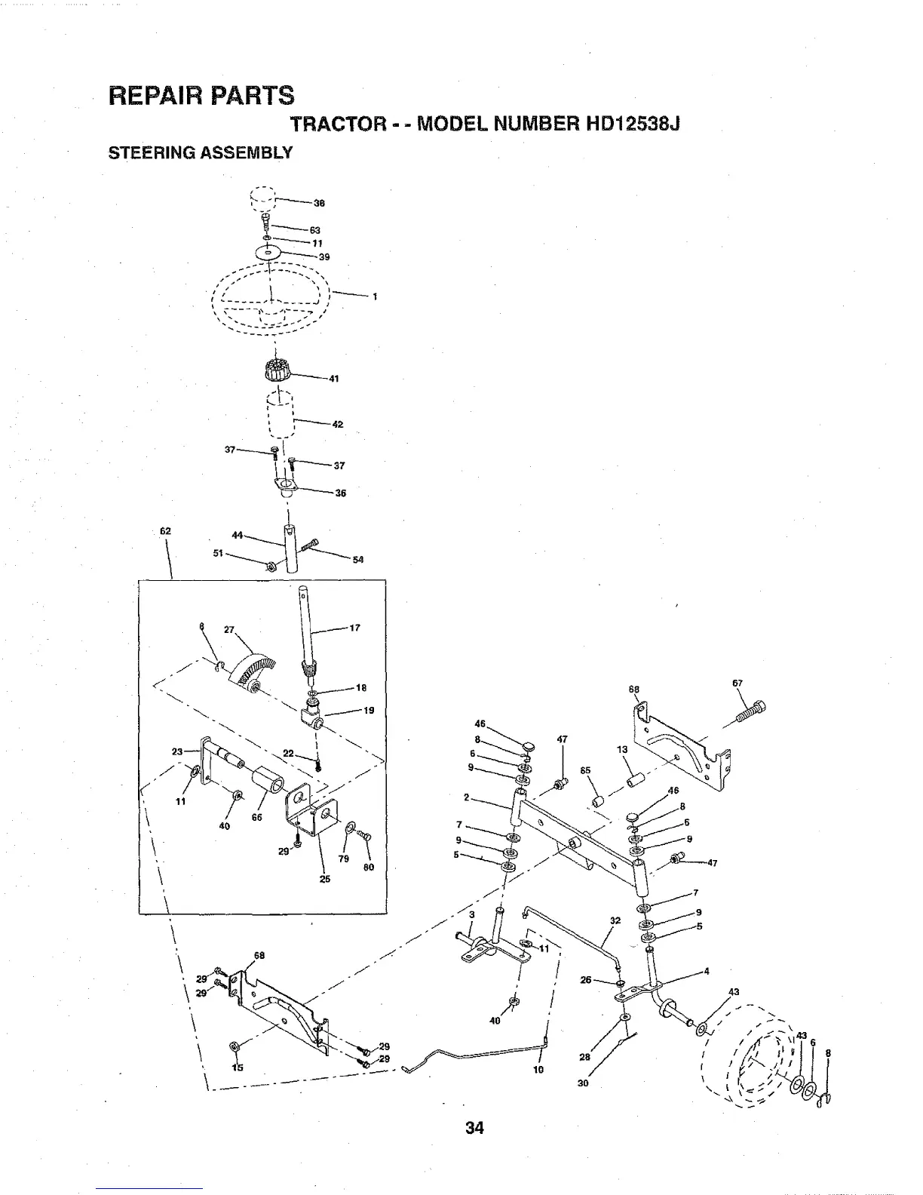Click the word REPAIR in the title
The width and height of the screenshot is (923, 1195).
coord(155,96)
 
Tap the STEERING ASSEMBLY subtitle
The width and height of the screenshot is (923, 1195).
coord(200,153)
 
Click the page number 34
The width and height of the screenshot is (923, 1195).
coord(474,1128)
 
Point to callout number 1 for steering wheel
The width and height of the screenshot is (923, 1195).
coord(374,296)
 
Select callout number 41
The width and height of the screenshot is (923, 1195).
coord(333,379)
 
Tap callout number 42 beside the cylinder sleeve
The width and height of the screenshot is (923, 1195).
coord(338,425)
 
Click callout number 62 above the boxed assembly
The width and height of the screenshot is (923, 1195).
coord(165,531)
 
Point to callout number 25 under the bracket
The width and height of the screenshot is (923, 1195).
coord(325,879)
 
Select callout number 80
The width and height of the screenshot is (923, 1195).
coord(369,868)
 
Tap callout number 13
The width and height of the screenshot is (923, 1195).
coord(622,750)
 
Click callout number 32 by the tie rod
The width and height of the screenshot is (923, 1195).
coord(615,920)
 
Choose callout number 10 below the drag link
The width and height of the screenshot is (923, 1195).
coord(538,1069)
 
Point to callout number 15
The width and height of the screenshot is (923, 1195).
coord(238,1068)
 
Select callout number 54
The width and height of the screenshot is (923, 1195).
coord(358,560)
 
